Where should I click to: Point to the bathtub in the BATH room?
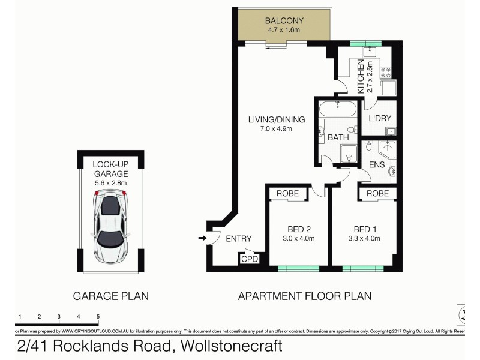point(338,109)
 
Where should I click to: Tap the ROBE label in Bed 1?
point(377,193)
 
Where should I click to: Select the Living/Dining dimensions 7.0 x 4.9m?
point(277,129)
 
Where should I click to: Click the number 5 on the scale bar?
point(97,316)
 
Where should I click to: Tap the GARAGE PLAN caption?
point(110,296)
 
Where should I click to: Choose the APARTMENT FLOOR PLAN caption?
point(305,296)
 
